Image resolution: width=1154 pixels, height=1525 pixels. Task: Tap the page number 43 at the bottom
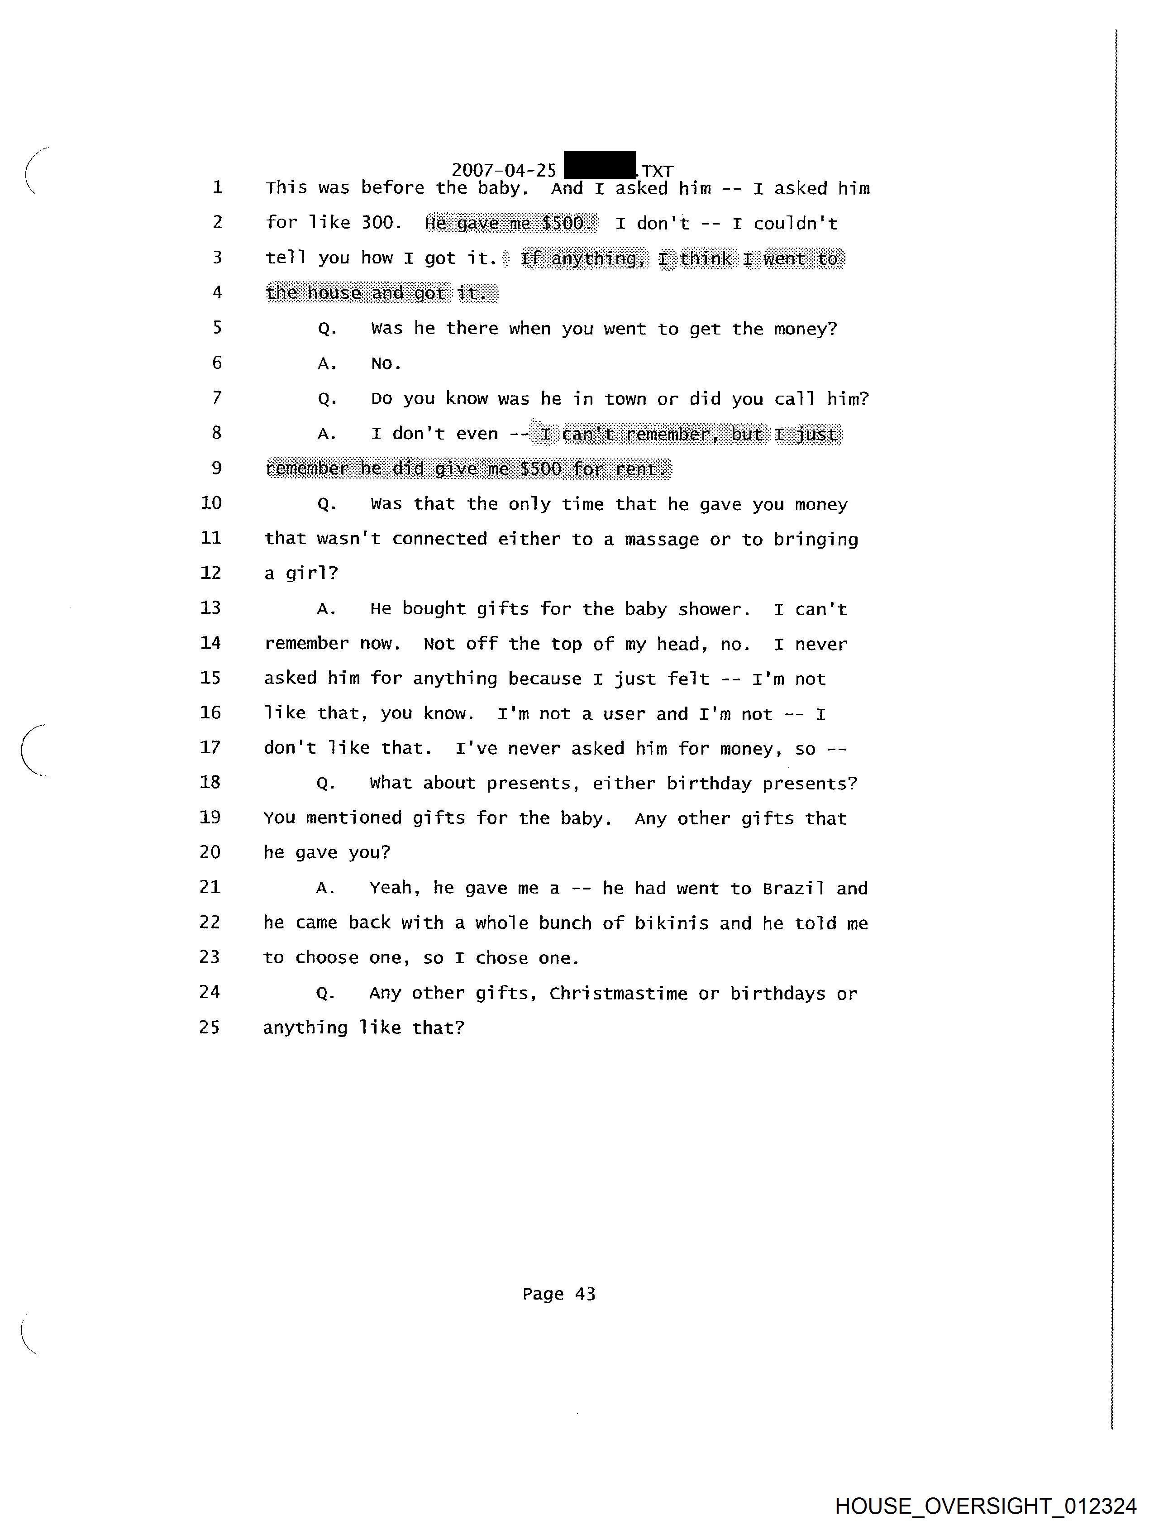pyautogui.click(x=585, y=1294)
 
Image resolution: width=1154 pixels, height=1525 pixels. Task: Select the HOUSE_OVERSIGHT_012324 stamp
pyautogui.click(x=985, y=1505)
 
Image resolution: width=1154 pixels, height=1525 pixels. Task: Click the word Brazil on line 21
pyautogui.click(x=793, y=888)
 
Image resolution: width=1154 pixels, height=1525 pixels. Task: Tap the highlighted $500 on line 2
pyautogui.click(x=563, y=223)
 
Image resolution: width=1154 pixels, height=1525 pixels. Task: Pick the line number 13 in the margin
pyautogui.click(x=210, y=607)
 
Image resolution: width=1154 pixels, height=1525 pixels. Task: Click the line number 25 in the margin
pyautogui.click(x=210, y=1027)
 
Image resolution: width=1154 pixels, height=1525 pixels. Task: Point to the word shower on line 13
pyautogui.click(x=711, y=609)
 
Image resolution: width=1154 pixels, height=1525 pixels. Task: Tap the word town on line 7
pyautogui.click(x=625, y=398)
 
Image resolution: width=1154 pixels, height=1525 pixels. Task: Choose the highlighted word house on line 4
pyautogui.click(x=334, y=293)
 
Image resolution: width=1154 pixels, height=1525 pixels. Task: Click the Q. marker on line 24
pyautogui.click(x=325, y=994)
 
